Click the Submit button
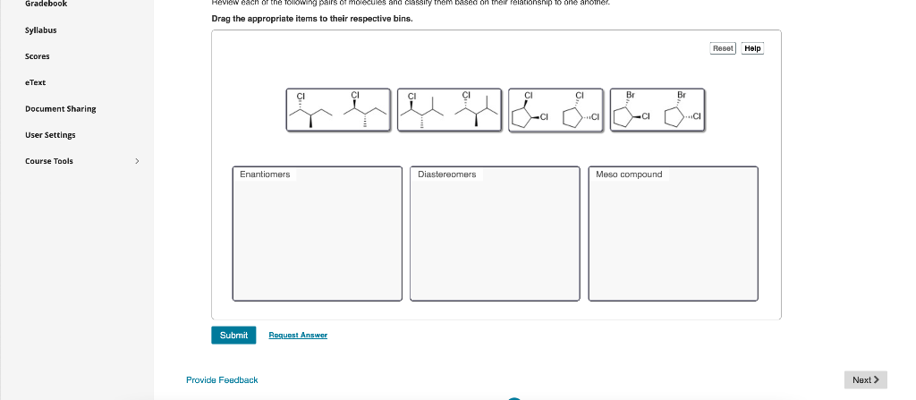click(x=233, y=335)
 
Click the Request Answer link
click(x=298, y=335)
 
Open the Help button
click(x=752, y=48)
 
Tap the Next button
click(x=865, y=380)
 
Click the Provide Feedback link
click(x=222, y=380)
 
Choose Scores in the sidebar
click(x=37, y=56)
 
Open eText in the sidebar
click(x=35, y=82)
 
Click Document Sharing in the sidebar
click(x=60, y=108)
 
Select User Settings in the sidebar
click(x=50, y=135)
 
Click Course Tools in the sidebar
click(x=49, y=161)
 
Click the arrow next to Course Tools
click(x=136, y=161)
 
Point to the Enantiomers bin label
click(x=265, y=174)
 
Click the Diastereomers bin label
click(x=446, y=174)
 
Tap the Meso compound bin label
click(x=629, y=174)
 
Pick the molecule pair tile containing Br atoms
click(x=657, y=110)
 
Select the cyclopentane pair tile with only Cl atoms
click(x=556, y=110)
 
